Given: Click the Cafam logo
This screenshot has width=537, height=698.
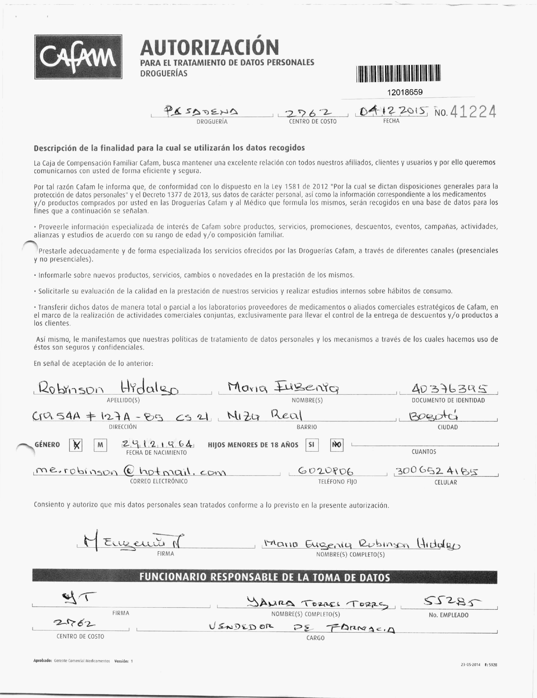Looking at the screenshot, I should [78, 57].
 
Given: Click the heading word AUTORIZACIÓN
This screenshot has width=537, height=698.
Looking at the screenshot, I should [209, 47].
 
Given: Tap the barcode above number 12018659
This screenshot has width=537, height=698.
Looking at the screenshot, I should [398, 73].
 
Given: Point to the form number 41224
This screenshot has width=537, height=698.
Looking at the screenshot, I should [473, 112].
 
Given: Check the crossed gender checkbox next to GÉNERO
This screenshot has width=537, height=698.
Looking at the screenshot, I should [76, 445].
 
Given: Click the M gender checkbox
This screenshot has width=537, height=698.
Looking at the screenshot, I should [100, 445].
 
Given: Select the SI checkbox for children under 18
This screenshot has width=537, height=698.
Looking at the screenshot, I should [312, 445].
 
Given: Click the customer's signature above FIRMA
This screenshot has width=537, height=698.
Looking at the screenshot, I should [131, 542].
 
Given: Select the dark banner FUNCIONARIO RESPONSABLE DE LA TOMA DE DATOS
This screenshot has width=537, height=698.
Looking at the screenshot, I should [265, 577].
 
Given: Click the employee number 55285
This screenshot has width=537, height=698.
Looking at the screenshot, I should [452, 602].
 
